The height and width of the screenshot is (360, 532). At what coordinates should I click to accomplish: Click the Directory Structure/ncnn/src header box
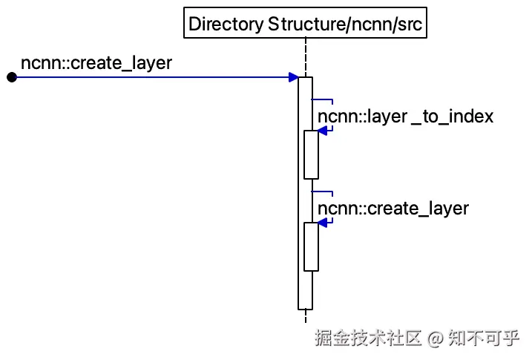point(306,23)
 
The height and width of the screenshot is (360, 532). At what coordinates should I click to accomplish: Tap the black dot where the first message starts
point(11,77)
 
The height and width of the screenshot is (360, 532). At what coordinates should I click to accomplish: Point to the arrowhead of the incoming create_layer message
point(294,77)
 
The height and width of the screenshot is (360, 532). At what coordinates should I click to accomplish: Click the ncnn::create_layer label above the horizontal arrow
point(96,63)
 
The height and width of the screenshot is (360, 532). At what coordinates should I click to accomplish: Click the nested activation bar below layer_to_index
point(311,154)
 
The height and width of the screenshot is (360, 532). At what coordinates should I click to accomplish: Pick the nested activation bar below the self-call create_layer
point(311,246)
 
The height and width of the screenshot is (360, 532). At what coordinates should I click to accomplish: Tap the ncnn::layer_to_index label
point(405,117)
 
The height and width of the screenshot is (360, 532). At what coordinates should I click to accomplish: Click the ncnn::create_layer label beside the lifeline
point(393,208)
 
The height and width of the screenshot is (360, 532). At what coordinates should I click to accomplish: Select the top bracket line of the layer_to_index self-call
point(322,99)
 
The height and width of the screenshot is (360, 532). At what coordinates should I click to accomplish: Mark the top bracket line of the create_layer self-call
point(322,191)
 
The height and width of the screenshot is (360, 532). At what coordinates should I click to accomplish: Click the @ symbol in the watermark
point(436,338)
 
